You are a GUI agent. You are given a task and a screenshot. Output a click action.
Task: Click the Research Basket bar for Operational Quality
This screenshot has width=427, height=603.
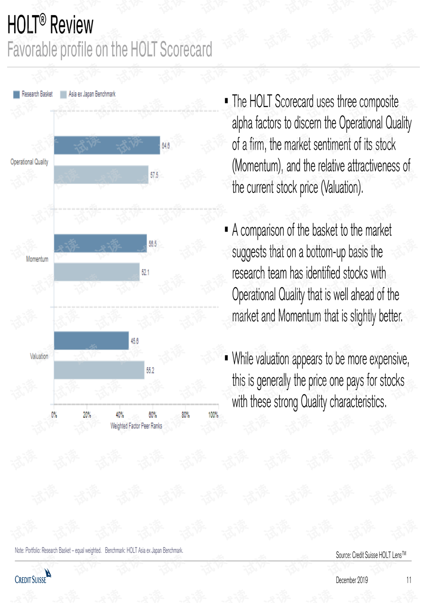[107, 145]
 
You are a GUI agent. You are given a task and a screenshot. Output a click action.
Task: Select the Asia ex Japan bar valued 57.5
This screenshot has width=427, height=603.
[101, 175]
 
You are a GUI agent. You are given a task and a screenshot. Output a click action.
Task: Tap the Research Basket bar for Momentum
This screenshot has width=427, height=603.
[100, 244]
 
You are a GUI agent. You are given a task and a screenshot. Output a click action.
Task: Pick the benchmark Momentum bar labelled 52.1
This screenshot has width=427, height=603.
[97, 272]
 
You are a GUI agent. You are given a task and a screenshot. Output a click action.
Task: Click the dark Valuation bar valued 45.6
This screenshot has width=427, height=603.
[91, 341]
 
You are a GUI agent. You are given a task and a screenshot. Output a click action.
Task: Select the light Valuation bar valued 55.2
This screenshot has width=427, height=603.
[99, 370]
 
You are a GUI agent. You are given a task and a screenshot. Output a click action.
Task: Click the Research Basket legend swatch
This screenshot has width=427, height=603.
[16, 94]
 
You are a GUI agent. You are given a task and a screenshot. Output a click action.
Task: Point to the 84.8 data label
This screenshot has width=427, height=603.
[165, 146]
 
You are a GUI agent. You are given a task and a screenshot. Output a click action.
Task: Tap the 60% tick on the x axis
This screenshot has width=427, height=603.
[153, 415]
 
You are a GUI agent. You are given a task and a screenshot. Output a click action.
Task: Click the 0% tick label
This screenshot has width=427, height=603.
[54, 415]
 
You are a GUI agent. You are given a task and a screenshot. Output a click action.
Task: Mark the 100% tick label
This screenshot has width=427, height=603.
[213, 415]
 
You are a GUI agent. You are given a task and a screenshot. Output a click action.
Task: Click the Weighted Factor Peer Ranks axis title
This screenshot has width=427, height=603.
[136, 426]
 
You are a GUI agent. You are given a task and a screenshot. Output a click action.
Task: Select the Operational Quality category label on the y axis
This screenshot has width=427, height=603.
[29, 162]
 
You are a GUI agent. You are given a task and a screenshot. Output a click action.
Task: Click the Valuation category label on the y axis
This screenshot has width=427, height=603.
[39, 356]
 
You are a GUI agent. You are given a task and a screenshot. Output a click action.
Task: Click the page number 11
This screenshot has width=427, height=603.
[408, 580]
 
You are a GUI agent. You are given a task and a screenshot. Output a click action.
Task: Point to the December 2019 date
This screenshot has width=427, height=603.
[351, 580]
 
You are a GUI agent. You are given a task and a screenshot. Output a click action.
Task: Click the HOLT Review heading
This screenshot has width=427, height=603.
[50, 25]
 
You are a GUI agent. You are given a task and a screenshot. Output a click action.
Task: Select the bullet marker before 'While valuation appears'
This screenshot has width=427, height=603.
[226, 357]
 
